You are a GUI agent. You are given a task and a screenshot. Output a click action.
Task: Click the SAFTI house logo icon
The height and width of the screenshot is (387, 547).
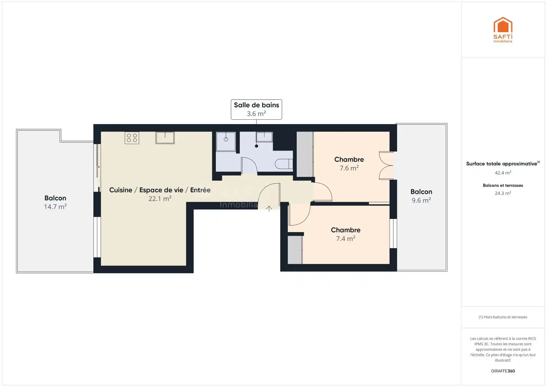(503, 25)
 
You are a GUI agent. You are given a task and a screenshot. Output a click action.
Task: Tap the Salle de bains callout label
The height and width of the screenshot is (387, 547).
(256, 109)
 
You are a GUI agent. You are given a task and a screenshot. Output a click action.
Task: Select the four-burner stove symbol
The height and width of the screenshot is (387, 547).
(132, 138)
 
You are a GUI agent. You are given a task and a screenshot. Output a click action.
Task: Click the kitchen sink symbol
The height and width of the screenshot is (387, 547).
(165, 138)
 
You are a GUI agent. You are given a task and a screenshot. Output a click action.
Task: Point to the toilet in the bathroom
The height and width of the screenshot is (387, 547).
(284, 164)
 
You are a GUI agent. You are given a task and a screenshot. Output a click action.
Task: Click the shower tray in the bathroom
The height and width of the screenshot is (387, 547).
(226, 142)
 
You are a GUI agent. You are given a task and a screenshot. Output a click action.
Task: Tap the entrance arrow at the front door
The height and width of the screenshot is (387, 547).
(269, 209)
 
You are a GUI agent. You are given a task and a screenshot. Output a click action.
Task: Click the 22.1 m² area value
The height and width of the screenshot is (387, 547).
(160, 199)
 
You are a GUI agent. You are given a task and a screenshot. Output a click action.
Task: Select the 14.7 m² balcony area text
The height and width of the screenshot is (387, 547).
(55, 207)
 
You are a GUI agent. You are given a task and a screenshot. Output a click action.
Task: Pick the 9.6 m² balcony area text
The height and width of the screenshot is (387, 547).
(421, 200)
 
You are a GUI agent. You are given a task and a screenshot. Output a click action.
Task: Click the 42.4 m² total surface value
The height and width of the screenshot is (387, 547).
(503, 173)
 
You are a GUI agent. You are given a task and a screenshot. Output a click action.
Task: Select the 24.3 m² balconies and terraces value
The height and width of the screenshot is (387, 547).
(503, 193)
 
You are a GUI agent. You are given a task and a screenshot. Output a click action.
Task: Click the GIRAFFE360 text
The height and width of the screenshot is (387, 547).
(503, 371)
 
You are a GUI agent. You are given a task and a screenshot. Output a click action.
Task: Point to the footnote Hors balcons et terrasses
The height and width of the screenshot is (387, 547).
(503, 317)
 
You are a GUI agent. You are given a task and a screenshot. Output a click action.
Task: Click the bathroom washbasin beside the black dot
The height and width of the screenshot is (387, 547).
(264, 137)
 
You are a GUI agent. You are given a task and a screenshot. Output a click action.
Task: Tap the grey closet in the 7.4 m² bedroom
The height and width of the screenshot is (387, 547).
(295, 250)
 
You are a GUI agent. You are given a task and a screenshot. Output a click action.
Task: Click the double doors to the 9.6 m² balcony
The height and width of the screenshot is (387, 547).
(386, 166)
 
